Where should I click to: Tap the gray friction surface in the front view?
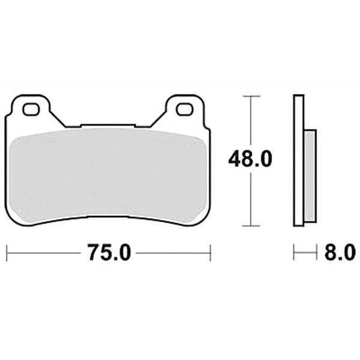(108, 174)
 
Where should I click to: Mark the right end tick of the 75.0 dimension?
(210, 253)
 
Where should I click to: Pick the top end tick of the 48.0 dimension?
(251, 96)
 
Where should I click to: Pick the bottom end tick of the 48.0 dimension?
(251, 226)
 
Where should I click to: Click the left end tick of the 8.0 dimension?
(294, 253)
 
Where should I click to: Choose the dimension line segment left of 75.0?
(42, 253)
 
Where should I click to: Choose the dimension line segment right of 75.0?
(174, 253)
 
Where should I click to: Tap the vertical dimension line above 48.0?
(251, 120)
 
